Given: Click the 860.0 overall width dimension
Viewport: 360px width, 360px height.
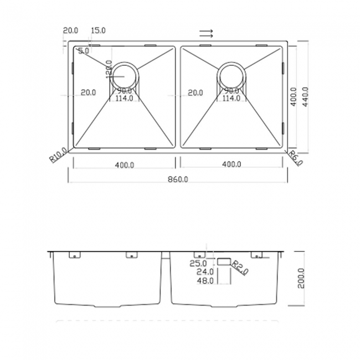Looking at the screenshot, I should tap(178, 179).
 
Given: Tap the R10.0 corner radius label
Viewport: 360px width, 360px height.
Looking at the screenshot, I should tap(58, 155).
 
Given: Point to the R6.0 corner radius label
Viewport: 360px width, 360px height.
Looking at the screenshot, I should tap(296, 158).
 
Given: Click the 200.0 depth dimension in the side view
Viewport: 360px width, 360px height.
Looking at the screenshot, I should tap(301, 279).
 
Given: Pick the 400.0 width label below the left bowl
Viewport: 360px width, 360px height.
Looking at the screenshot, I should tap(125, 164).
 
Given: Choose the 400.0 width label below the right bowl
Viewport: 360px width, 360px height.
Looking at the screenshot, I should tap(232, 164).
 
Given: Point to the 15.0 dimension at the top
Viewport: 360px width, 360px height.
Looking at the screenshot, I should tap(98, 30).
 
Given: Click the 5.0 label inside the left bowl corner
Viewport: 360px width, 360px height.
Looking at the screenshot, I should tap(84, 51).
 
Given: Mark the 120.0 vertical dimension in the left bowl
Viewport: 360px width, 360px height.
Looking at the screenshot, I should tap(109, 70).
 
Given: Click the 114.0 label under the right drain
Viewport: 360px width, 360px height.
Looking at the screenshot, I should tap(231, 99).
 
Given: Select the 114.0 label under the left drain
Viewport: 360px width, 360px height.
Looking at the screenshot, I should tap(124, 99).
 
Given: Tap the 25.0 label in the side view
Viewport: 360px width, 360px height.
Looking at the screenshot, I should tap(198, 264).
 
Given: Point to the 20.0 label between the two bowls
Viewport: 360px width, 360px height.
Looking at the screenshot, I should tap(194, 92).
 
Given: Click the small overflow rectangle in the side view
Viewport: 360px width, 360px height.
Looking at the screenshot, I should tap(224, 260).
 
